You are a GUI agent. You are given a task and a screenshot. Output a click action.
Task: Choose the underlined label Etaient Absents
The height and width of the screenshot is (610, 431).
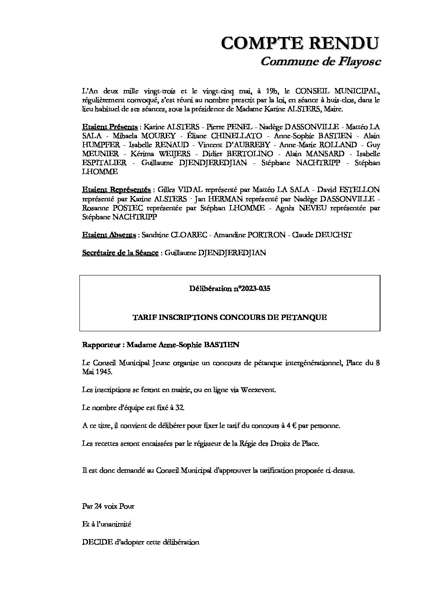pyautogui.click(x=109, y=235)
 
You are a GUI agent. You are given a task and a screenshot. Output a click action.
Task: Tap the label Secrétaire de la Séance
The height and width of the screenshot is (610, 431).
pyautogui.click(x=120, y=253)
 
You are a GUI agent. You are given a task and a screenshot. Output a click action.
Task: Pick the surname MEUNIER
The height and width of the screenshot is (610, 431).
pyautogui.click(x=100, y=154)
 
